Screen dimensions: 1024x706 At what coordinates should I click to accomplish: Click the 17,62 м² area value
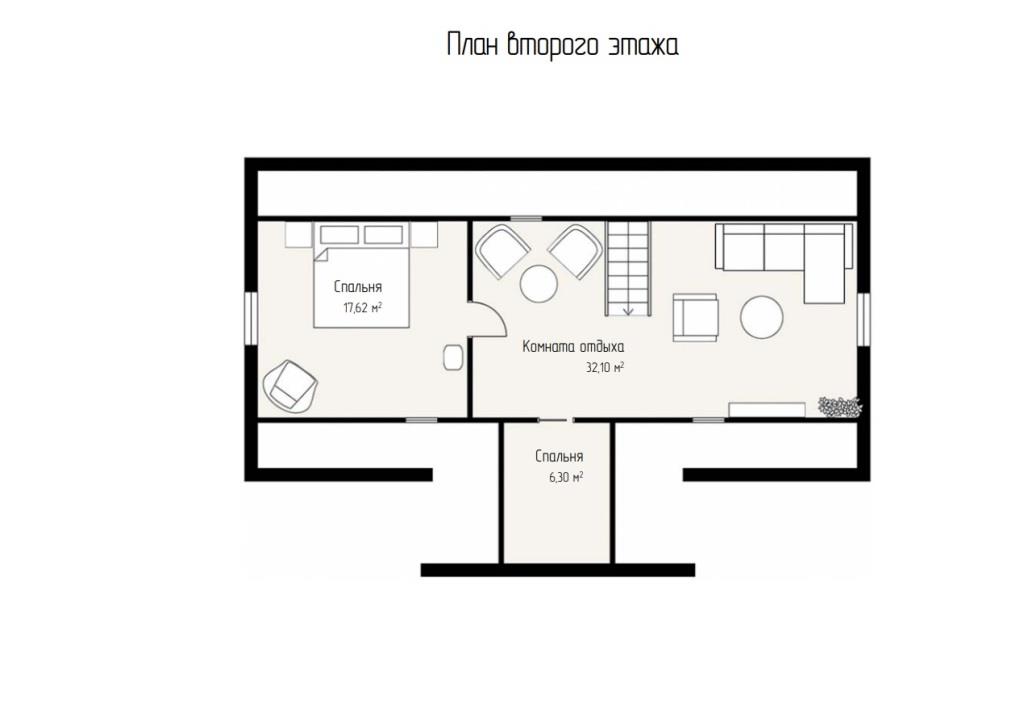click(363, 307)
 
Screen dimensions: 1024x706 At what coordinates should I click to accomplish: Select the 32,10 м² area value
click(605, 368)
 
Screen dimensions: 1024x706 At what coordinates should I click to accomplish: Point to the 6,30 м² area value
click(566, 477)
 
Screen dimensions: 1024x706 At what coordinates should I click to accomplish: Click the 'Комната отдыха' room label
click(573, 347)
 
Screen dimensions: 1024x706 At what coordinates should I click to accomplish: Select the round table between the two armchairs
click(539, 284)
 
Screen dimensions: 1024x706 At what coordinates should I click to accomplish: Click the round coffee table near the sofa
click(761, 317)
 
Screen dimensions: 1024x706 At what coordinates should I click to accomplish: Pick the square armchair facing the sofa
click(696, 317)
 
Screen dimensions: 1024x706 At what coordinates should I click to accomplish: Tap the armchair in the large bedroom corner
click(290, 386)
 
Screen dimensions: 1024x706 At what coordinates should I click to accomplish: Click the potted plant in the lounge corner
click(840, 406)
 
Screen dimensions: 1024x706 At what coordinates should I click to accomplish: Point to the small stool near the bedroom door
click(453, 357)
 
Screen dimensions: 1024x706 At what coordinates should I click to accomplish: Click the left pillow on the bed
click(339, 234)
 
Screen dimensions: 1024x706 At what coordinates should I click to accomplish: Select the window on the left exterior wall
click(251, 318)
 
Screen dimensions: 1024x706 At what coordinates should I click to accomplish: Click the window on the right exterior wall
click(863, 319)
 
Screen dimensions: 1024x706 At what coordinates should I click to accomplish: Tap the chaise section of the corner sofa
click(825, 279)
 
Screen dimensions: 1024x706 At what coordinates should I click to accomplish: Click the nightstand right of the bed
click(424, 235)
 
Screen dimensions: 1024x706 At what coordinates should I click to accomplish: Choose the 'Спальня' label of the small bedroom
click(559, 457)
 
